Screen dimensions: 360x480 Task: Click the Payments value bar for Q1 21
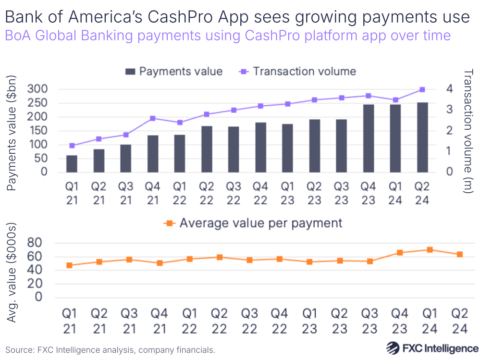tap(72, 163)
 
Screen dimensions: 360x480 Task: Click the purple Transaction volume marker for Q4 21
tap(153, 118)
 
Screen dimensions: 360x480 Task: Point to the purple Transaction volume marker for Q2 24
tap(422, 89)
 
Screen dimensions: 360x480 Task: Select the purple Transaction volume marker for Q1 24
tap(395, 100)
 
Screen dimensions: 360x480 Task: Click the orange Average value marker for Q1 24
tap(430, 250)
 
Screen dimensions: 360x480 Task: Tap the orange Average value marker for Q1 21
tap(70, 265)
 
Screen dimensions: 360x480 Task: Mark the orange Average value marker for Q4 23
tap(400, 253)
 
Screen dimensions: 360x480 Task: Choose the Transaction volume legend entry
tap(298, 72)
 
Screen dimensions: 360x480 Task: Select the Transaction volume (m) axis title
tap(468, 131)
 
